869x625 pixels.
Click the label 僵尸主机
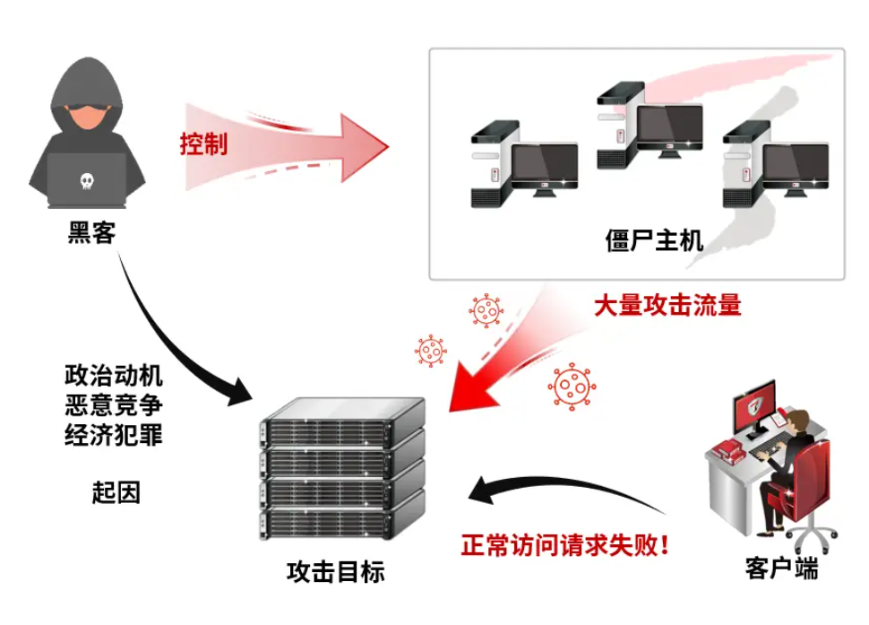click(x=654, y=240)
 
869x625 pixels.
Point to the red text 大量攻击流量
click(x=667, y=306)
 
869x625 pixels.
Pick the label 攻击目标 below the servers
click(x=336, y=571)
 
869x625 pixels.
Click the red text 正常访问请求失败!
click(x=565, y=544)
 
